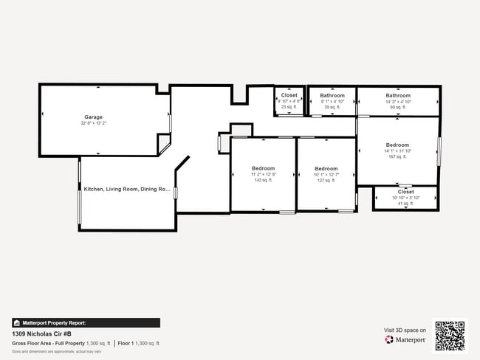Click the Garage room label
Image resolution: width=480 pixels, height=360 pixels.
click(93, 117)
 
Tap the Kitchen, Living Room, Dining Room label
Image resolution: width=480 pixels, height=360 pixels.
click(127, 189)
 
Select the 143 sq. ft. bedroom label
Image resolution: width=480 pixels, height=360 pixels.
click(264, 168)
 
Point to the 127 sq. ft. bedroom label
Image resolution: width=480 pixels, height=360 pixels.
click(326, 168)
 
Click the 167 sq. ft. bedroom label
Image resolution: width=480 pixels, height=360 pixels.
click(397, 145)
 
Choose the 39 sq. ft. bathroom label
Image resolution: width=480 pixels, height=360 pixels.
click(332, 96)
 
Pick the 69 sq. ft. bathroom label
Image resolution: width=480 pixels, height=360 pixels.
click(397, 96)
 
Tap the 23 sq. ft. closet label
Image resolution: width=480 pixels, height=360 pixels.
click(289, 96)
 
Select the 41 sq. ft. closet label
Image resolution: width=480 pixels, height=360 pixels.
click(405, 192)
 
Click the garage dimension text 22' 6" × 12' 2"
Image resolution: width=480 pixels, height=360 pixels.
click(93, 123)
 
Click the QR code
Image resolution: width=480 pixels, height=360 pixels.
click(450, 335)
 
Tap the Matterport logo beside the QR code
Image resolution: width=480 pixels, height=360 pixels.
click(405, 340)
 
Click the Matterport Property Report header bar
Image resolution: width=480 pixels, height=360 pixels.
click(86, 322)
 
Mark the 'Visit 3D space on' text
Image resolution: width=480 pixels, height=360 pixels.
click(405, 330)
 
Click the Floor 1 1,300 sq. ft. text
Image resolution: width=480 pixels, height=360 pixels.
click(139, 344)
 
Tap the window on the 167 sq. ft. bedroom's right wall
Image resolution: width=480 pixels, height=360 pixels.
click(439, 150)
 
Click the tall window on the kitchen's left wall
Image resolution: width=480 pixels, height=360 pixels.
click(79, 194)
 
